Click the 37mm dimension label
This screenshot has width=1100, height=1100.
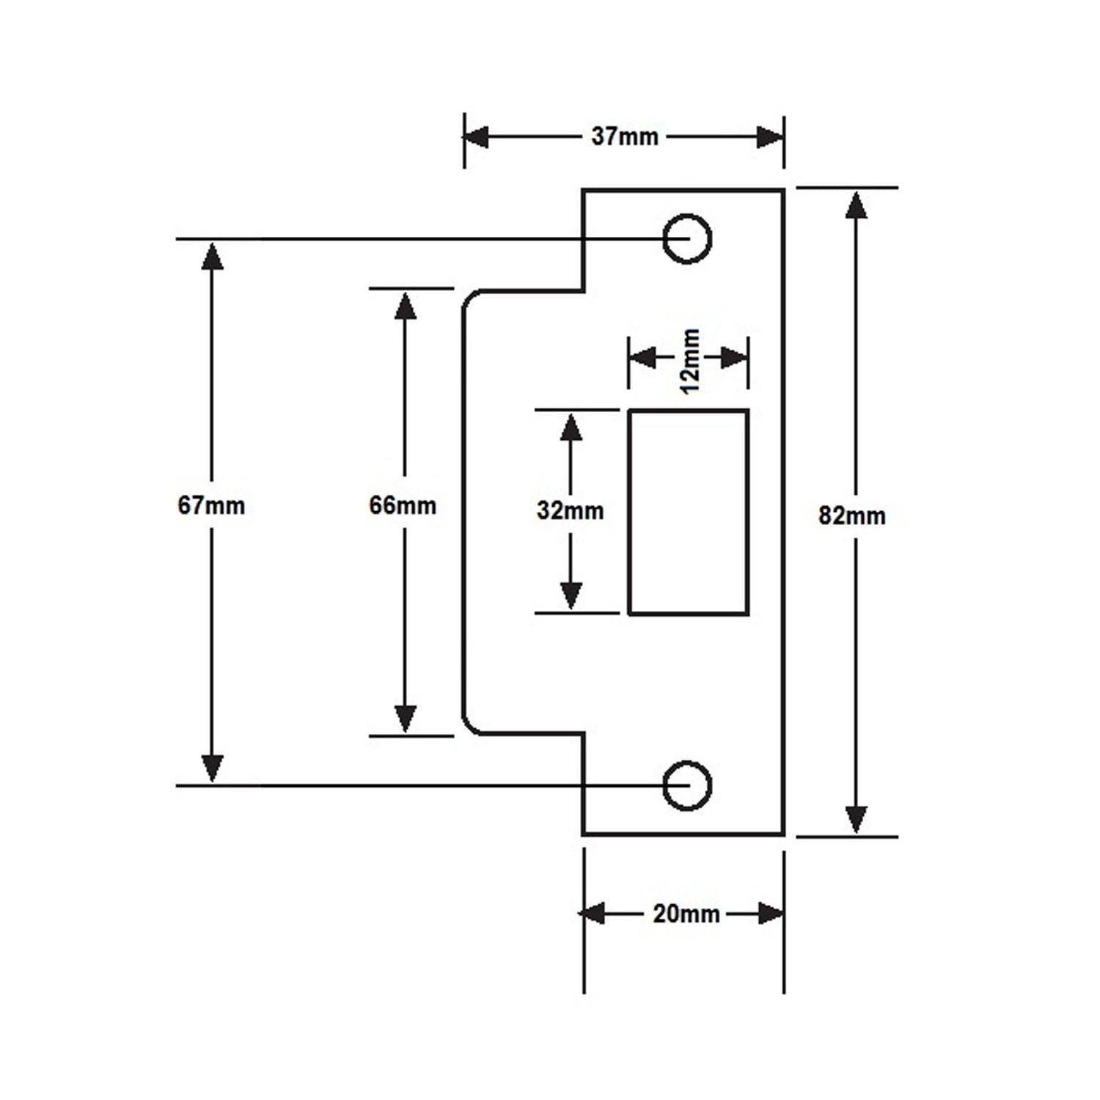625,137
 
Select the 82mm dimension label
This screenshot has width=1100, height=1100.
851,516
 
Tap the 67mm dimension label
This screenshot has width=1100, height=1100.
211,506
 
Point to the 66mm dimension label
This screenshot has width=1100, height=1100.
403,506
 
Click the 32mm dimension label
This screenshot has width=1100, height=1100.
570,510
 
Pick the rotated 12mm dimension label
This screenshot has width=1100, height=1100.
690,360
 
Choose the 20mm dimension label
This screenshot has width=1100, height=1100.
686,914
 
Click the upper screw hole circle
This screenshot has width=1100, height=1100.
687,238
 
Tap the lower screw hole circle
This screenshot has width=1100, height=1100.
687,785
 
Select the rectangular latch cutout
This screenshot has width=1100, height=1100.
688,512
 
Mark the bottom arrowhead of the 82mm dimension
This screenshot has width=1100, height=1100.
856,820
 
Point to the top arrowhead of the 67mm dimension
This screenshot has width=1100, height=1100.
212,257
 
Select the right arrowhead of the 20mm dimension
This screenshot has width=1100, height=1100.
770,914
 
